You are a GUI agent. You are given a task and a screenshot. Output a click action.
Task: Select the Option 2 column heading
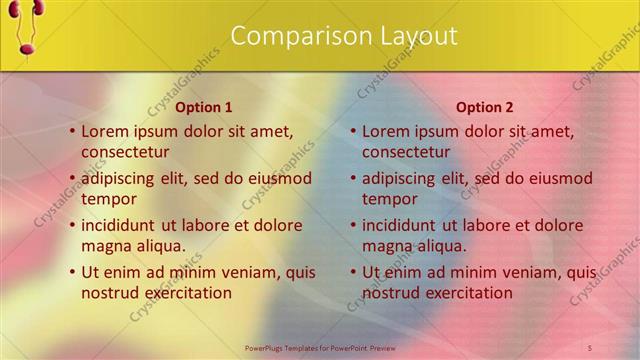[x=484, y=107]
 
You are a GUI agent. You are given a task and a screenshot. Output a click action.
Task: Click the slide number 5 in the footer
[x=589, y=347]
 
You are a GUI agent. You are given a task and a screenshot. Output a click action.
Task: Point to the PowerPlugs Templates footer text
[x=320, y=347]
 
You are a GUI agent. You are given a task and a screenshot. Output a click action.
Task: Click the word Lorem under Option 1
[x=105, y=131]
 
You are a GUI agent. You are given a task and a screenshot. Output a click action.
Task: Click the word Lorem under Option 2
[x=386, y=131]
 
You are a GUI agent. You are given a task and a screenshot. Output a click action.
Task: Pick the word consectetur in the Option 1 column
[x=125, y=152]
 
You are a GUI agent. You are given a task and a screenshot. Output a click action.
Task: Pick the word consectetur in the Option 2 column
[x=406, y=152]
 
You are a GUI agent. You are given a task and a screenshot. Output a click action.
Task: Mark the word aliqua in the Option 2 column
[x=439, y=246]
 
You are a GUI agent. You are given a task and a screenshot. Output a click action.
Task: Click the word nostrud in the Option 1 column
[x=111, y=293]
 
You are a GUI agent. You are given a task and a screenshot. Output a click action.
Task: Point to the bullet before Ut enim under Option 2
[x=354, y=272]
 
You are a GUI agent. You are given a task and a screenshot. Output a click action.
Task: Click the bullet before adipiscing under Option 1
[x=73, y=179]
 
